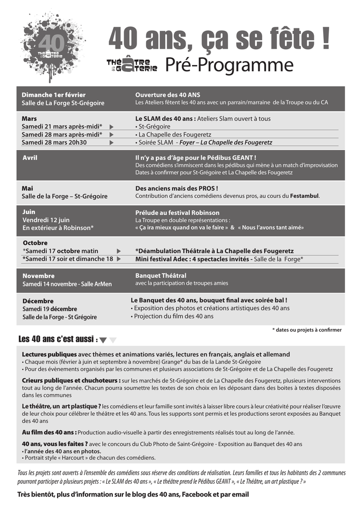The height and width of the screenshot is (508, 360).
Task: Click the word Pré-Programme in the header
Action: click(229, 65)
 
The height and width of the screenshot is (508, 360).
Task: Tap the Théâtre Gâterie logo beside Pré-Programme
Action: click(132, 65)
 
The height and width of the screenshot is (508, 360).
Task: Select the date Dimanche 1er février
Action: click(54, 95)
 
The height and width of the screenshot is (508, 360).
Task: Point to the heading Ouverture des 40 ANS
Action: click(167, 95)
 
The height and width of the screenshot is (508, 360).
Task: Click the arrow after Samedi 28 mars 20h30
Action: click(111, 142)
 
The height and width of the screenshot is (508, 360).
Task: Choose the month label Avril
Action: click(30, 158)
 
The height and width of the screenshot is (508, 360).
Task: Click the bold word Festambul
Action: click(304, 196)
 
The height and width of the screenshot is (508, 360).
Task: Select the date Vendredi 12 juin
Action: click(46, 220)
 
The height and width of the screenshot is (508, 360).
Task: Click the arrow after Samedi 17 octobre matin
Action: click(118, 251)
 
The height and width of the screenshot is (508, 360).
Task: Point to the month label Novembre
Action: click(39, 276)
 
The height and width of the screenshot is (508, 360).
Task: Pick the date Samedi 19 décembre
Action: click(50, 309)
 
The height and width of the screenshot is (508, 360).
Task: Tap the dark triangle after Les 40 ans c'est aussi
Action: click(103, 340)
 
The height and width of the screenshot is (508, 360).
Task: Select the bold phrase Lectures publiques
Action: click(49, 355)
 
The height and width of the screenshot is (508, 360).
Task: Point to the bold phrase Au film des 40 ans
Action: click(49, 432)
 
